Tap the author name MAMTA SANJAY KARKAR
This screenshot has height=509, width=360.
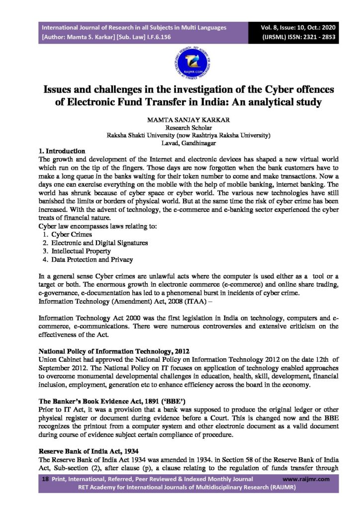click(x=180, y=120)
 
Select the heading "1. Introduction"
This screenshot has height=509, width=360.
click(x=62, y=150)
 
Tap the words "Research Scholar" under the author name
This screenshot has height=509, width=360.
click(x=180, y=128)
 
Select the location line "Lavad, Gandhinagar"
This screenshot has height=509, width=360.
click(x=180, y=143)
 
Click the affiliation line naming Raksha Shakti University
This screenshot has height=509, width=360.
click(x=189, y=135)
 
